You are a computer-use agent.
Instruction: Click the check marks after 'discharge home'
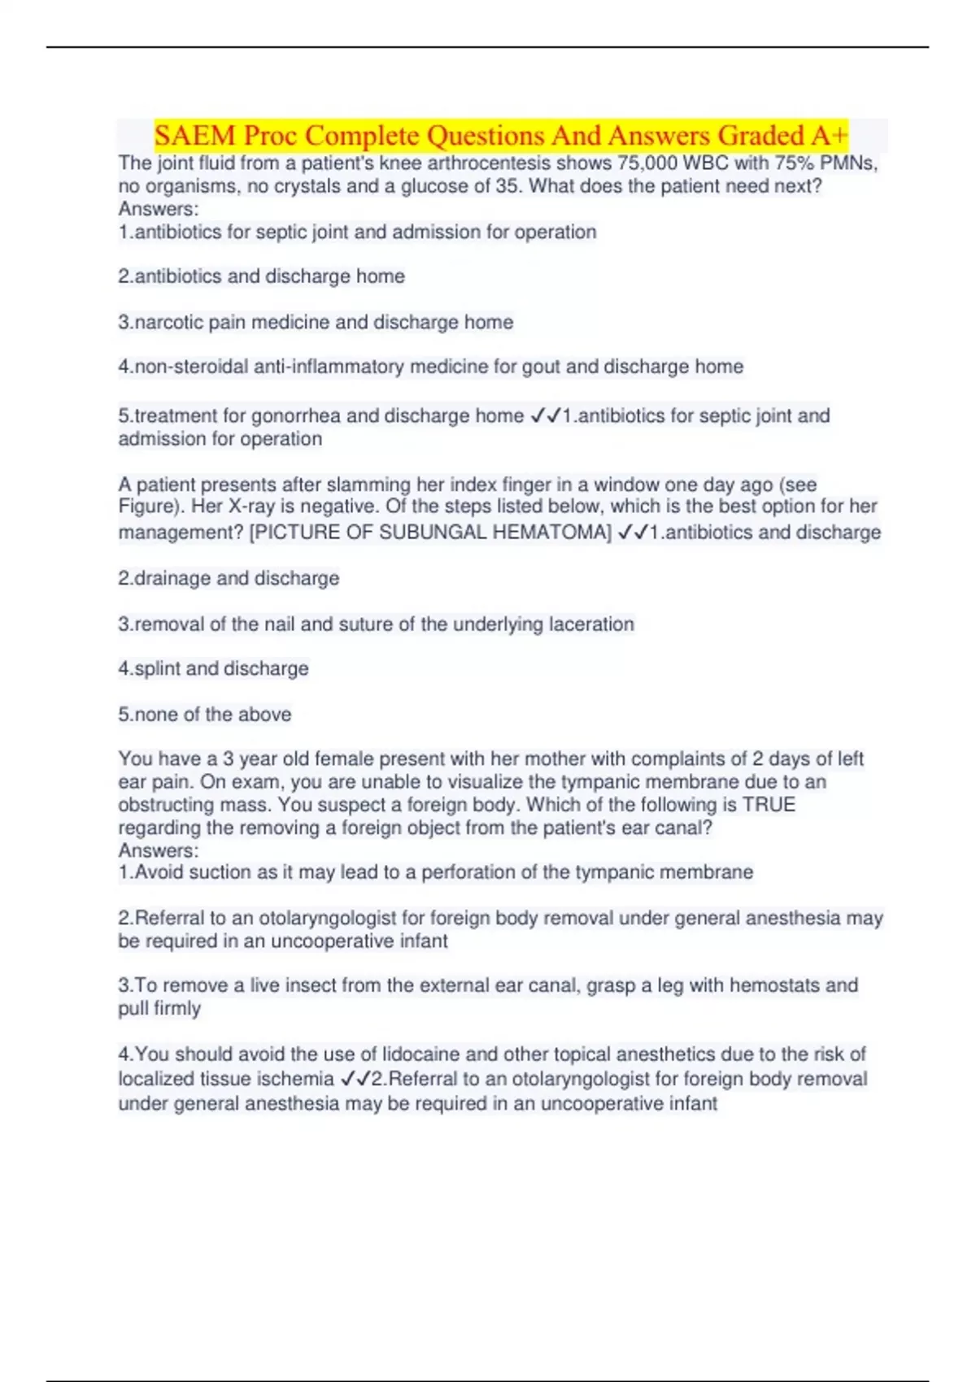pyautogui.click(x=545, y=415)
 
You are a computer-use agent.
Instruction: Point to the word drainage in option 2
pyautogui.click(x=173, y=578)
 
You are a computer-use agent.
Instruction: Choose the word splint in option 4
pyautogui.click(x=157, y=668)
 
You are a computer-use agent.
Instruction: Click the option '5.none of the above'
pyautogui.click(x=205, y=715)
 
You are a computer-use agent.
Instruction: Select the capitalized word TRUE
pyautogui.click(x=769, y=805)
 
